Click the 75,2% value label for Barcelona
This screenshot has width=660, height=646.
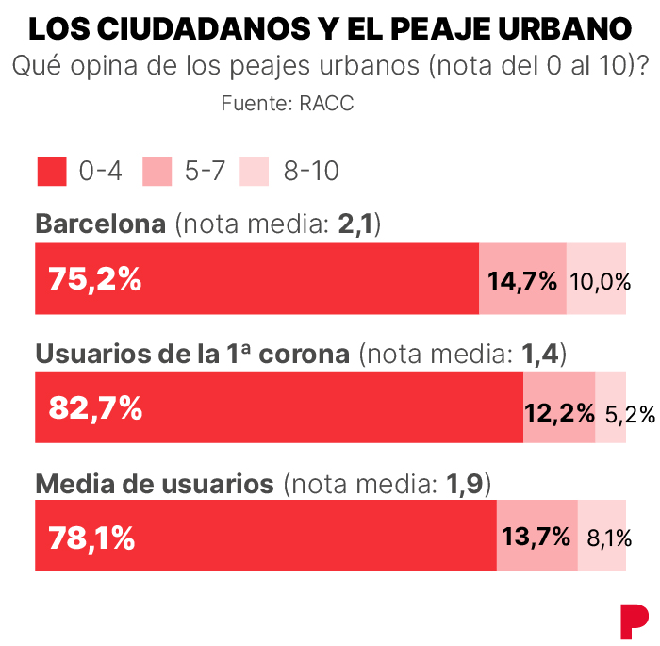coord(95,279)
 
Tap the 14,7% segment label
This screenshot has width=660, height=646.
coord(522,280)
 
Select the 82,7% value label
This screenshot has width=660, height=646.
coord(95,408)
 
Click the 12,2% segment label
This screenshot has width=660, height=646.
coord(559,410)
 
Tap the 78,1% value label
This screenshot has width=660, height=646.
coord(91,538)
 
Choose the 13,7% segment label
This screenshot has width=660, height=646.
coord(536,538)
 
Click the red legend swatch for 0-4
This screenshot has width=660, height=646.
coord(52,171)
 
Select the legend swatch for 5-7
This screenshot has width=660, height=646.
coord(157,171)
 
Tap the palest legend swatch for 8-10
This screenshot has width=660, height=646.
coord(255,171)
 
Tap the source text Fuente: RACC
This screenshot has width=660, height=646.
coord(288,104)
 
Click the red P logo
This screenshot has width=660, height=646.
coord(635,618)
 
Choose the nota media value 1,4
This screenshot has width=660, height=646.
coord(541,354)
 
